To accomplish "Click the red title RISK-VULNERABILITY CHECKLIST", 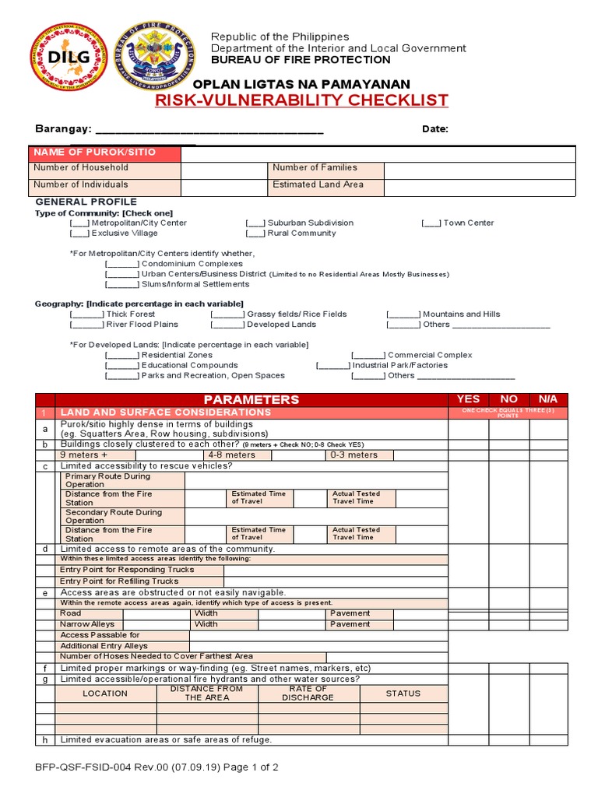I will pos(301,100).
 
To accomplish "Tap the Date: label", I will pos(435,129).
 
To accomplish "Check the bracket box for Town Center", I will pos(431,223).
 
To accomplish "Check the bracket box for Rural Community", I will pos(255,233).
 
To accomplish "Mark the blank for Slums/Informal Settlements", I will pos(122,284).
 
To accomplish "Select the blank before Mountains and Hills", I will pos(403,314).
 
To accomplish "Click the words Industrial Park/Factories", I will pos(399,365).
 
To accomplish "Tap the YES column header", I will pos(468,399).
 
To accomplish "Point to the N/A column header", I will pos(548,399).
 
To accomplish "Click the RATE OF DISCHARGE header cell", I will pos(308,693).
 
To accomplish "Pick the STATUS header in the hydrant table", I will pos(403,693).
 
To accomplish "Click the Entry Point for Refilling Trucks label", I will pos(119,581).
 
